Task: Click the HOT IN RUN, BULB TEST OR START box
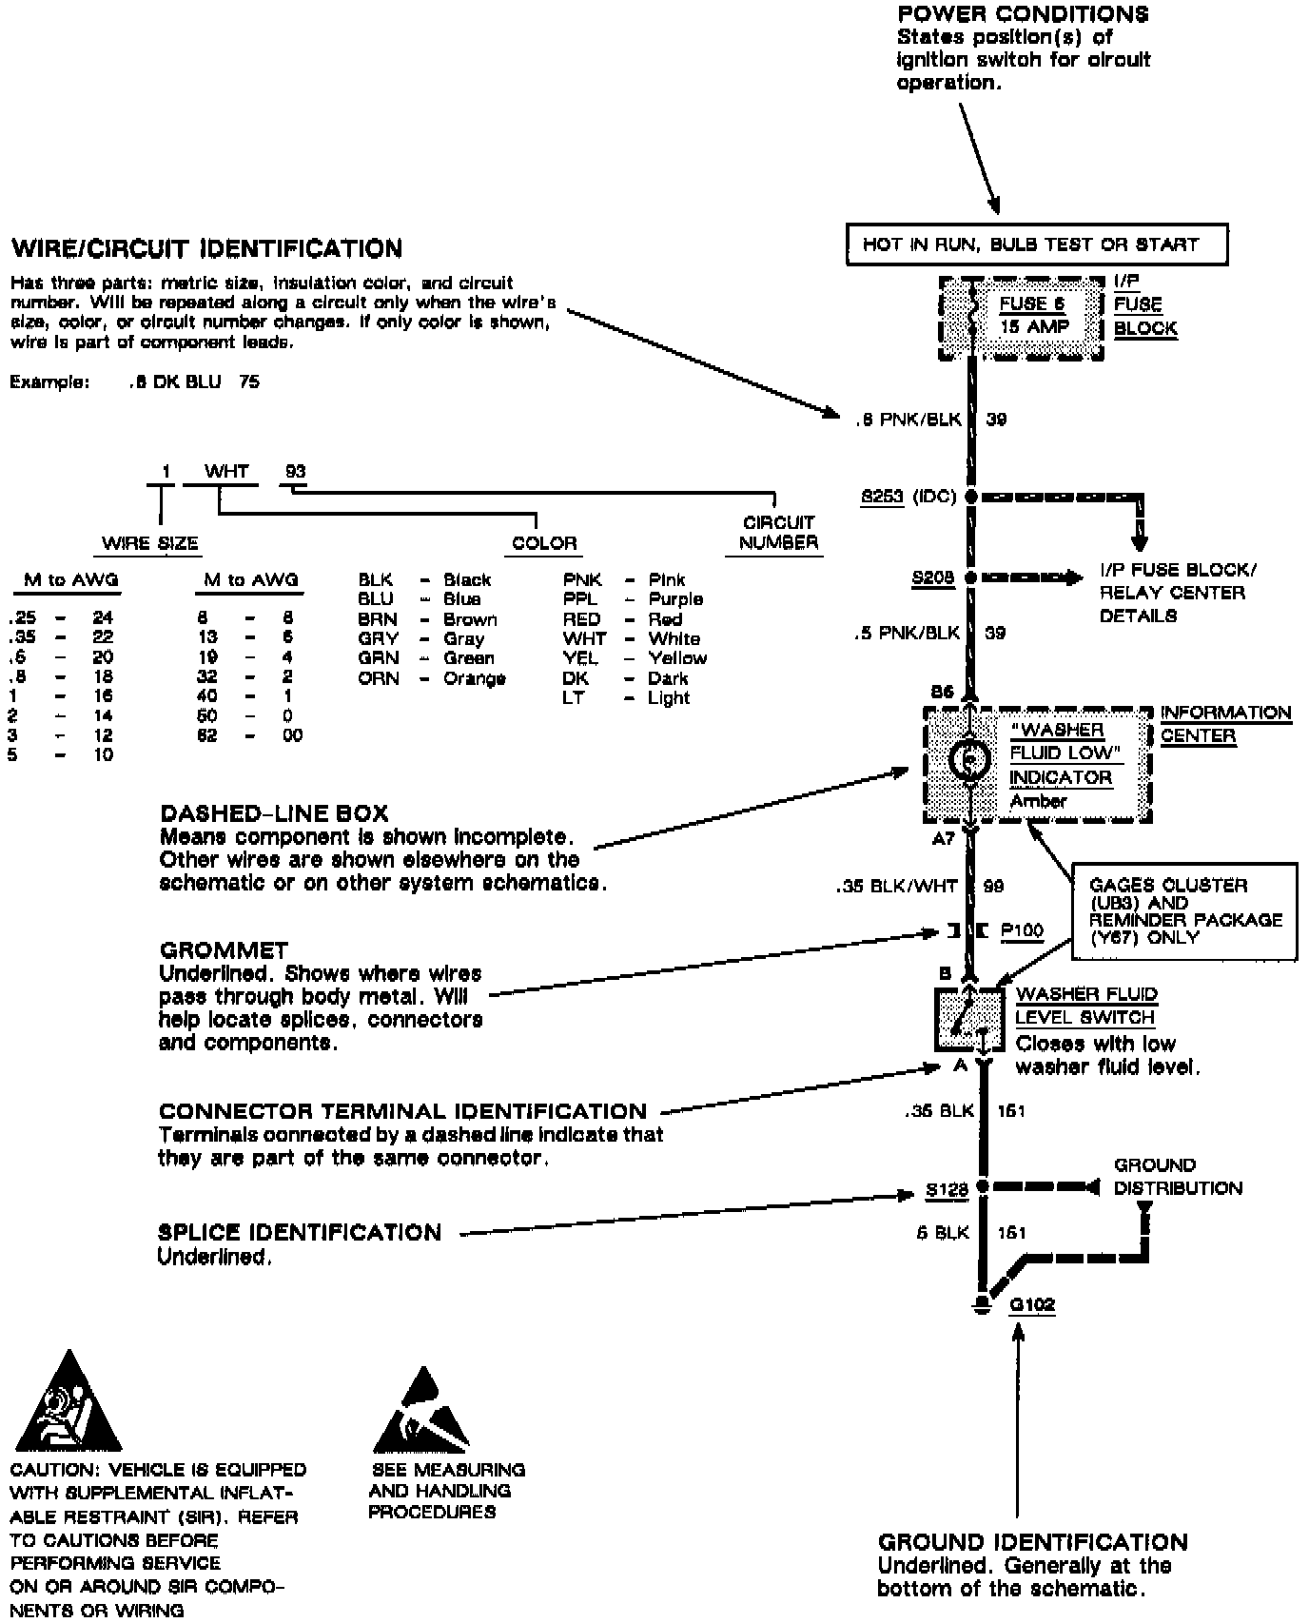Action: click(1036, 244)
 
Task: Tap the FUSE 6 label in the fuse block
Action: click(1031, 304)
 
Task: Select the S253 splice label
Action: click(882, 497)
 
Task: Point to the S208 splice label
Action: click(932, 577)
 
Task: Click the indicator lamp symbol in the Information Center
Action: click(968, 760)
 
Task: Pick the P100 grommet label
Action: click(1022, 930)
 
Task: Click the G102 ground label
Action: click(1032, 1304)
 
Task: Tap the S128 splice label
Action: click(947, 1189)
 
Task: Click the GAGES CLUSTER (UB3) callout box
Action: click(1184, 910)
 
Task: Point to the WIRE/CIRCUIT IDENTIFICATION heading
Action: click(206, 249)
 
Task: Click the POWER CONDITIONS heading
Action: click(1023, 14)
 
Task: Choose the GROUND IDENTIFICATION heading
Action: click(1032, 1542)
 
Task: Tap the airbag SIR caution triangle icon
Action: click(67, 1403)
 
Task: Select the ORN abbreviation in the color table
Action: click(378, 679)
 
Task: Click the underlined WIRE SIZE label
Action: click(150, 544)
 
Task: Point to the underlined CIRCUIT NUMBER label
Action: click(778, 533)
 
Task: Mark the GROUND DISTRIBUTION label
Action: click(1178, 1177)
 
